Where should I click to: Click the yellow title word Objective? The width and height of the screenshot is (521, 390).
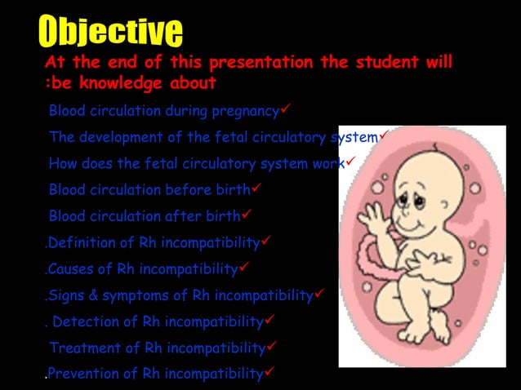click(110, 32)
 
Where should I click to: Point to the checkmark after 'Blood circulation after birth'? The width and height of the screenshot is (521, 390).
click(245, 215)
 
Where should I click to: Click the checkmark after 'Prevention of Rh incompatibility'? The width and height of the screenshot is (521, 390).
click(269, 373)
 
